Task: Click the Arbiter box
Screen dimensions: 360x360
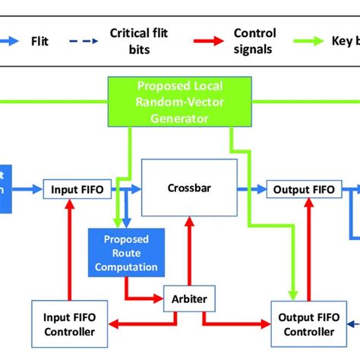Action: pos(185,298)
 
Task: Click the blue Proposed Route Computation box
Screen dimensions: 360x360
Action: pos(126,253)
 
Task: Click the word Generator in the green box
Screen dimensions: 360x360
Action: pos(179,118)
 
